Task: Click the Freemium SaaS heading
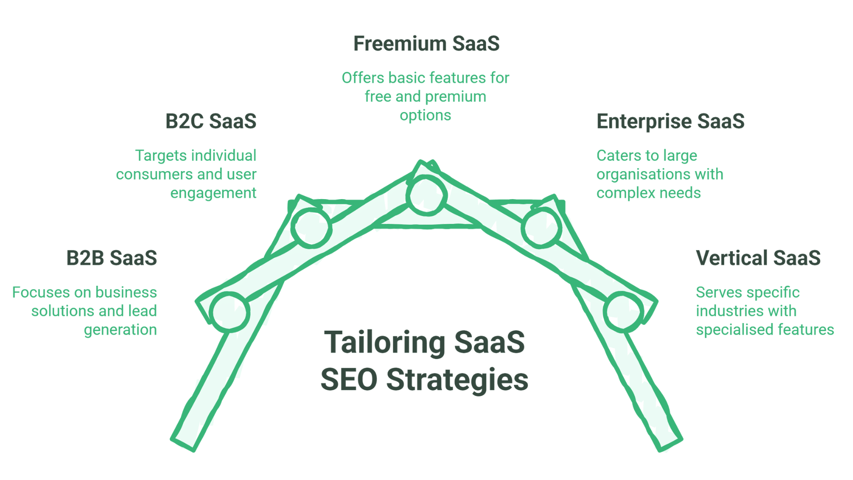[426, 44]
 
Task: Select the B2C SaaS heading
[211, 121]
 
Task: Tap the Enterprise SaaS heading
[670, 121]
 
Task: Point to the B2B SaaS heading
[112, 258]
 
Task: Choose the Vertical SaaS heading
[758, 258]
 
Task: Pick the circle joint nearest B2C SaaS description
[311, 228]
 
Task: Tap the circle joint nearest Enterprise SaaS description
[541, 228]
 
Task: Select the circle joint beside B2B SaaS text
[229, 312]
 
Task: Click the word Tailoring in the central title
[385, 343]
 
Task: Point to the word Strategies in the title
[457, 380]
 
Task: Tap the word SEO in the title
[349, 380]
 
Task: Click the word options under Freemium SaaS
[425, 116]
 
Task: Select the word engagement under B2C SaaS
[213, 193]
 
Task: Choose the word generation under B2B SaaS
[120, 330]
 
